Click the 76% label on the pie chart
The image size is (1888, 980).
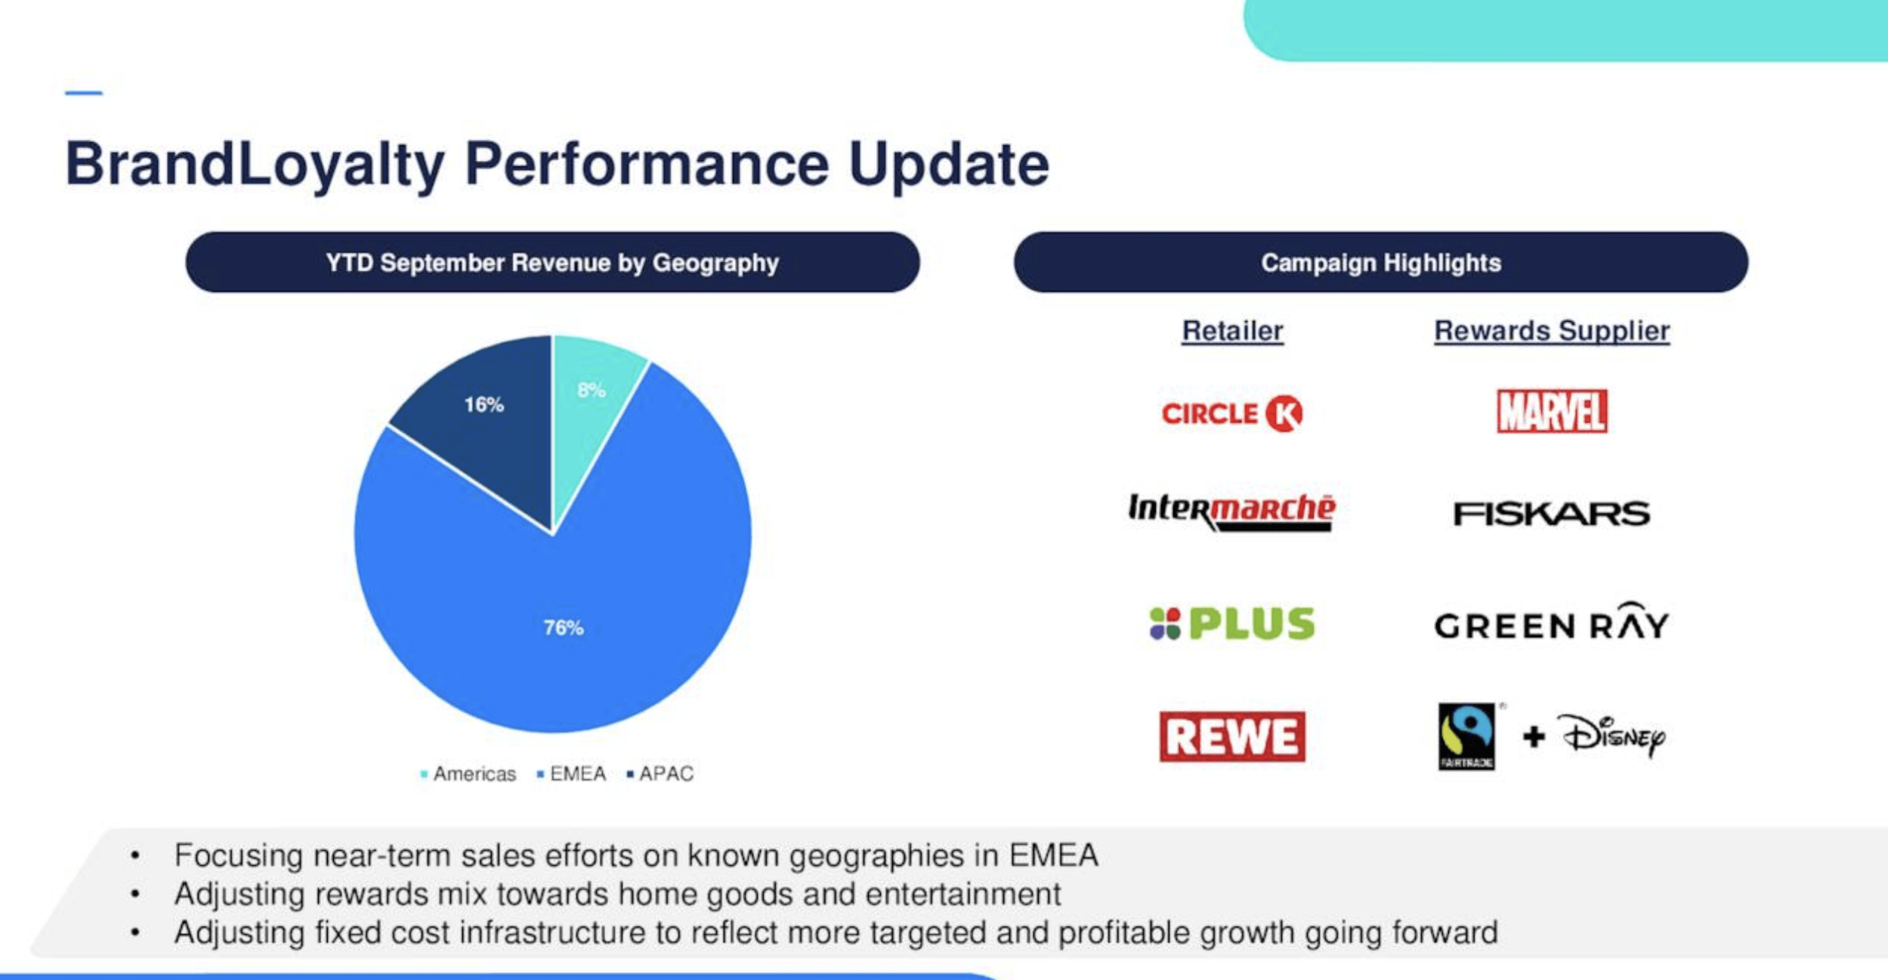click(x=563, y=628)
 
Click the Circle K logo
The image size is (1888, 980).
click(x=1231, y=413)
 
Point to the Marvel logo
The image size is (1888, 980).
click(x=1552, y=412)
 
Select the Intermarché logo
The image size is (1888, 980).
click(x=1231, y=511)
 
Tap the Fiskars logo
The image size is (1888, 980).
click(x=1552, y=514)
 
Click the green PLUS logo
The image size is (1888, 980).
click(x=1231, y=624)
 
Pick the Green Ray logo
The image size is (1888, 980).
click(x=1552, y=623)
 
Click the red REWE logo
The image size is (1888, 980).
click(x=1231, y=737)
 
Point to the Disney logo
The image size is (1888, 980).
click(x=1614, y=736)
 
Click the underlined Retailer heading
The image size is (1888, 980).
click(x=1232, y=331)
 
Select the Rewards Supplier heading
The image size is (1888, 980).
click(x=1552, y=331)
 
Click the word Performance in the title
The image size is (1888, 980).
click(x=646, y=165)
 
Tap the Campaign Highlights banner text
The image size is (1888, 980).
click(x=1380, y=263)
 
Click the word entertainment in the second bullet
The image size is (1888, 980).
click(x=963, y=894)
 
